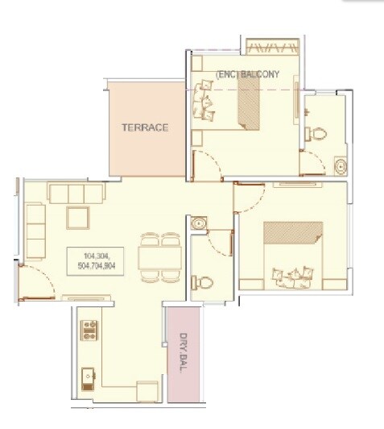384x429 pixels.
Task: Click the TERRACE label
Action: pos(145,127)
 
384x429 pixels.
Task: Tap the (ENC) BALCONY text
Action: pos(247,75)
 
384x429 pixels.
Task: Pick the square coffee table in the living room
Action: pos(77,219)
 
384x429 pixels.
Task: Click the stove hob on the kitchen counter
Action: pos(89,331)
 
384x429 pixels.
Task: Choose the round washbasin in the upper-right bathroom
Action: pos(341,166)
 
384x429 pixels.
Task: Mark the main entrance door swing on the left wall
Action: pos(40,282)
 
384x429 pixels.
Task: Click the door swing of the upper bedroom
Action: pos(206,165)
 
